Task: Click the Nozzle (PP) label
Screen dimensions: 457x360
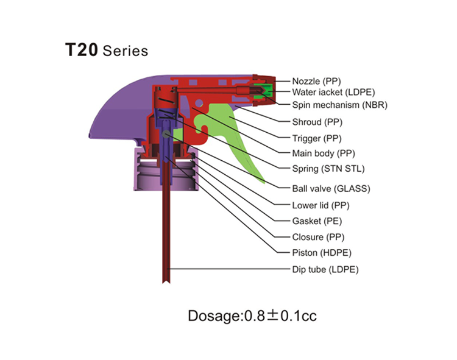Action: [316, 81]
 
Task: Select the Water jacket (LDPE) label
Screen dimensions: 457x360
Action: [333, 93]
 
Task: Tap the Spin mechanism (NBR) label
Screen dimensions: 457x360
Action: [340, 105]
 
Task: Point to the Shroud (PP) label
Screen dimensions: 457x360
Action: [317, 122]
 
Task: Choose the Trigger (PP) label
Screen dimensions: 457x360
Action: [317, 138]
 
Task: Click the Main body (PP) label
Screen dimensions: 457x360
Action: [324, 154]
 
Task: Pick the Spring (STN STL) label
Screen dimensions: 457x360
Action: [328, 169]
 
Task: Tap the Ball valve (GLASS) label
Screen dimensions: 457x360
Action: [331, 189]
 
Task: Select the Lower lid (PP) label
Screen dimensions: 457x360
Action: [321, 206]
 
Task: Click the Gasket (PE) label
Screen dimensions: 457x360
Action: [317, 221]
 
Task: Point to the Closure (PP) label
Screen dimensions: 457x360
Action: [318, 237]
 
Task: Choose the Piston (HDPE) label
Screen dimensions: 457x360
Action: [322, 253]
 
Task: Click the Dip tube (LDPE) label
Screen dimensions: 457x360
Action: [325, 270]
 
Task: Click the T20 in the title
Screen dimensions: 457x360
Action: [82, 50]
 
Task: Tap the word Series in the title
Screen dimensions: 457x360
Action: [126, 51]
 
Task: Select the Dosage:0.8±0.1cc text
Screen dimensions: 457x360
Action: [252, 316]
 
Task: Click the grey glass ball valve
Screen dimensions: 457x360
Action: [166, 134]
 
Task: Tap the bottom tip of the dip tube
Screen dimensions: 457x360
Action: [166, 283]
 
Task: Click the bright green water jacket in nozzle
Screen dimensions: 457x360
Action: [267, 90]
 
